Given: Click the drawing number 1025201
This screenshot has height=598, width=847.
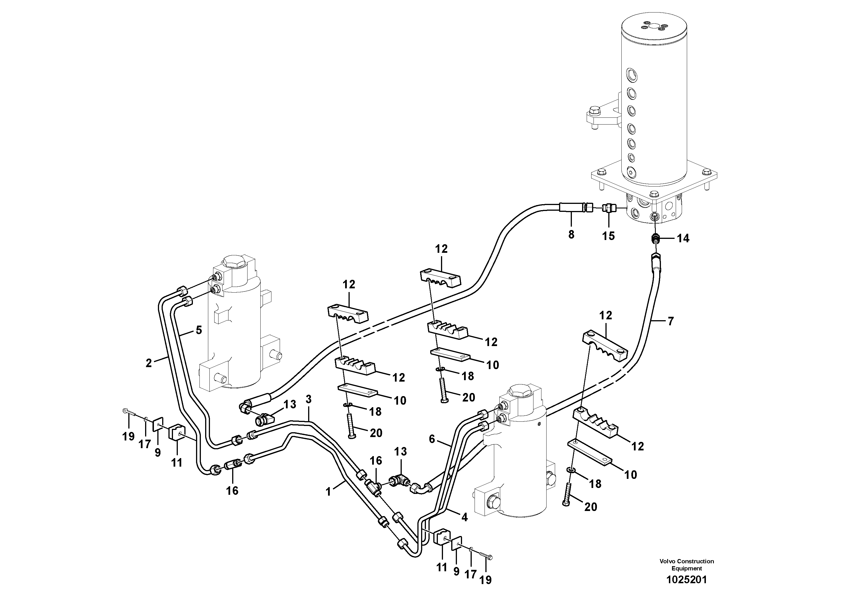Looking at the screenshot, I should [x=687, y=580].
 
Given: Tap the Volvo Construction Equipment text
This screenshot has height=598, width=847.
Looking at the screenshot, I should [x=687, y=565].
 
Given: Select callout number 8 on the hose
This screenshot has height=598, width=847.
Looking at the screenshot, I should [x=571, y=235].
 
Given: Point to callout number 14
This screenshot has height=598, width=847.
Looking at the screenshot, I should [x=683, y=239].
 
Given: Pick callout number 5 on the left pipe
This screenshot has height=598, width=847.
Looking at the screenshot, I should [x=199, y=330].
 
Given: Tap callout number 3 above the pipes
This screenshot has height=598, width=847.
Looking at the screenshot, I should [x=308, y=399].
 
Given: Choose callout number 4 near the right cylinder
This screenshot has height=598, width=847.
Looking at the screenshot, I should [x=464, y=518].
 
